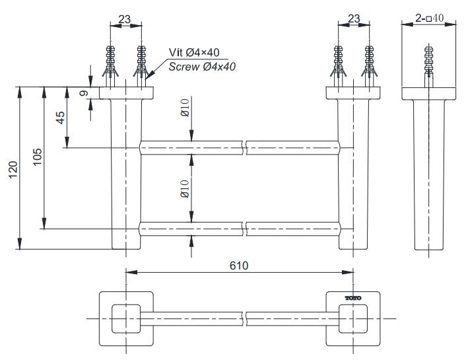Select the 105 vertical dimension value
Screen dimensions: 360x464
(x=38, y=156)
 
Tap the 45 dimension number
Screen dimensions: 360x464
(x=60, y=118)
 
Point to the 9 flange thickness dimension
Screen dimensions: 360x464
(x=84, y=94)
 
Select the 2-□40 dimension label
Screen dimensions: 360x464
(x=430, y=18)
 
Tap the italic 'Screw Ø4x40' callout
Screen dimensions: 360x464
(x=202, y=66)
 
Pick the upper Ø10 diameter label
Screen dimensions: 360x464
(x=185, y=107)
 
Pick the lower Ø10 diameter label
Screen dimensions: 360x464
(x=185, y=189)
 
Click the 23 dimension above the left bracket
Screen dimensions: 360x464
(x=125, y=19)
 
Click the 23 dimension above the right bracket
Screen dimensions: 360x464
(x=354, y=19)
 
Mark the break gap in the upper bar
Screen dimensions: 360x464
(x=245, y=147)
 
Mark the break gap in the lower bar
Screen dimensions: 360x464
(x=245, y=229)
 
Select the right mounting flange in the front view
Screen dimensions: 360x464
(x=354, y=93)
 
